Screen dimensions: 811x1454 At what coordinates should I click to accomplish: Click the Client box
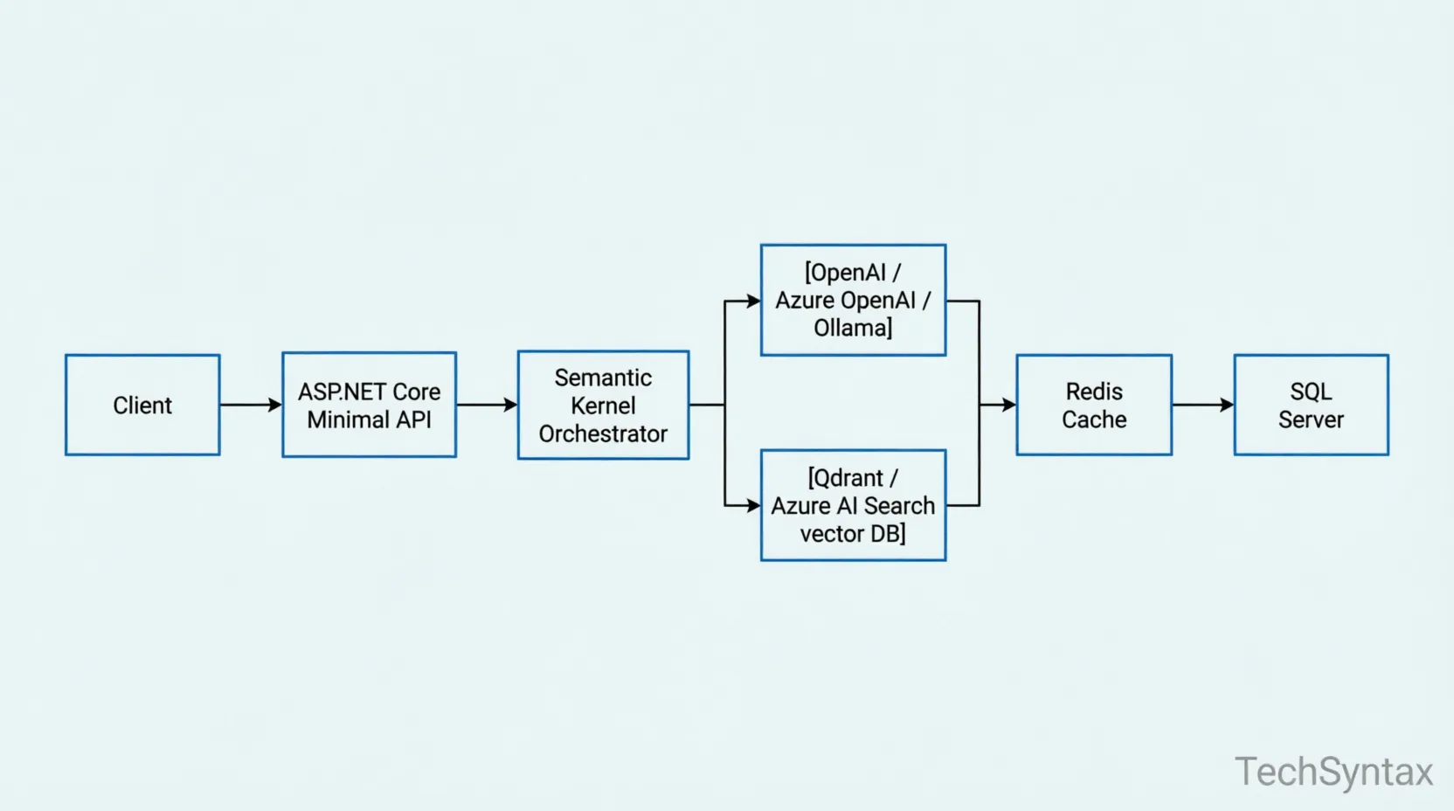point(142,405)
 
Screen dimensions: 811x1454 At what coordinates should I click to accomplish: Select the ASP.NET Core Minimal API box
point(369,405)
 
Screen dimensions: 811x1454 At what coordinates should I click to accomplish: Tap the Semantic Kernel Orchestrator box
point(603,405)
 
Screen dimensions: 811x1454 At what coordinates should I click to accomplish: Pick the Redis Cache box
point(1094,405)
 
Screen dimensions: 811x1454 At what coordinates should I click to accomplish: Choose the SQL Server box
point(1311,405)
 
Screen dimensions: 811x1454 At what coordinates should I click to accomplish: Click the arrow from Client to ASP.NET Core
point(251,405)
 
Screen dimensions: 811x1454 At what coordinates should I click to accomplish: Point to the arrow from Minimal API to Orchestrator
point(487,405)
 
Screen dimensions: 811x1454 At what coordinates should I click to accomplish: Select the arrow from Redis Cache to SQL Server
point(1202,405)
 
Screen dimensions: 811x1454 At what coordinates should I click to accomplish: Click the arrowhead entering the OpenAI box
point(753,302)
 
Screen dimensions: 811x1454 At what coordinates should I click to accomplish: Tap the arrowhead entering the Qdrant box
point(753,505)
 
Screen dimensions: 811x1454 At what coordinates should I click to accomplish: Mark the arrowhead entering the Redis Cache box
point(1008,405)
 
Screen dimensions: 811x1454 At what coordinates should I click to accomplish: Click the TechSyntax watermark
point(1333,772)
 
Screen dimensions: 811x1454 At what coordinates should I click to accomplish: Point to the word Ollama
point(851,329)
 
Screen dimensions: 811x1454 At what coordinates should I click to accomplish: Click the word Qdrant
point(846,478)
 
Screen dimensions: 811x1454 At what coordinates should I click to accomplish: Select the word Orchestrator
point(603,433)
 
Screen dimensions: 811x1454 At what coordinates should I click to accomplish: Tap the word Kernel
point(603,405)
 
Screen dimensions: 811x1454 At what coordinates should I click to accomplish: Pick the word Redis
point(1094,392)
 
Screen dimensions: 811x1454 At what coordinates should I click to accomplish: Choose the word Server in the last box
point(1311,419)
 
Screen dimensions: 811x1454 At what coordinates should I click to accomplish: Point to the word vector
point(831,533)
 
